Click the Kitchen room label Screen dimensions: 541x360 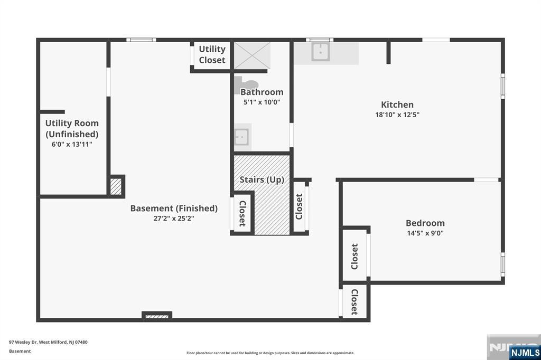coord(397,105)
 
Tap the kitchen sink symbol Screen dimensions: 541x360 coord(321,52)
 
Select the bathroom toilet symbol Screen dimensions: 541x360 coord(246,85)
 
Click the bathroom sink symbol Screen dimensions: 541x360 coord(241,137)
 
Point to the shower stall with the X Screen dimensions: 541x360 coord(252,55)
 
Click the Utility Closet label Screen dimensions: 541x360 coord(212,54)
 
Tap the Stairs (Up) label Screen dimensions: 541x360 coord(262,179)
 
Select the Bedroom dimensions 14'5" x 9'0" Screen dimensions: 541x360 coord(425,233)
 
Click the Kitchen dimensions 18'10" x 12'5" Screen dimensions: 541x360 coord(397,115)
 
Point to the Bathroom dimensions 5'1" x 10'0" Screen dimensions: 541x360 coord(262,102)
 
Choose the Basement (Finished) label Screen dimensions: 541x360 coord(174,209)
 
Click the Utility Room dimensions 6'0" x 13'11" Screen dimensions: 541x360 coord(72,145)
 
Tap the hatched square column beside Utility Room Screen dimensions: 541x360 coord(116,186)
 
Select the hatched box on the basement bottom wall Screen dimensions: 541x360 coord(156,316)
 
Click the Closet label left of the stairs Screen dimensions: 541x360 coord(242,214)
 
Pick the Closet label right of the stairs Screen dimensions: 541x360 coord(299,206)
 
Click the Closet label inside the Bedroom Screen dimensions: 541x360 coord(355,257)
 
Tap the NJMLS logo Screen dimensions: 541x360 coord(525,352)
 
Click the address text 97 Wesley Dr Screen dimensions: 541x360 coord(23,343)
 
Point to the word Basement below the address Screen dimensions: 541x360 coord(20,351)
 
